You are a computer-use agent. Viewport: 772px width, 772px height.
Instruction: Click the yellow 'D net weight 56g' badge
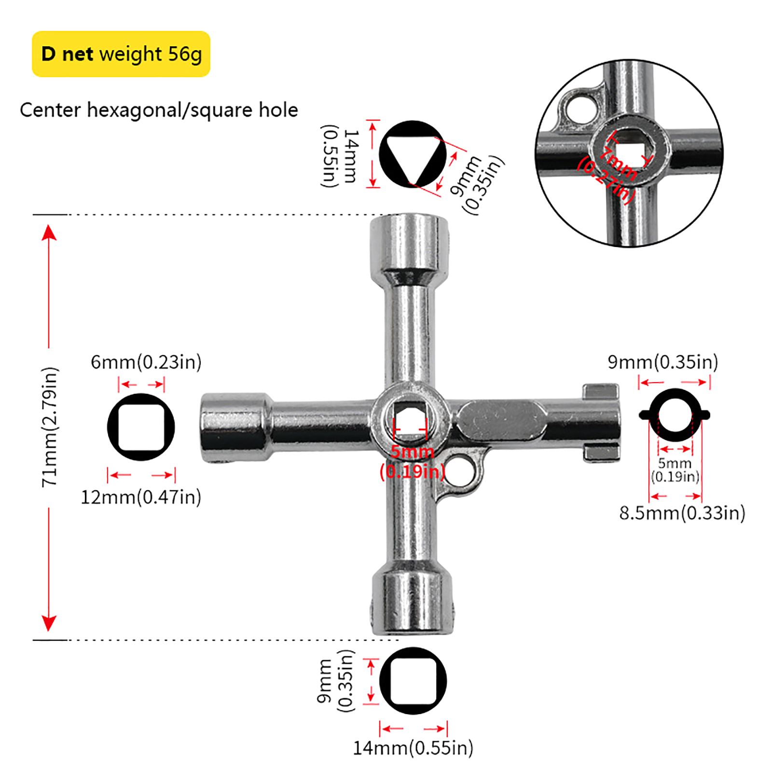121,54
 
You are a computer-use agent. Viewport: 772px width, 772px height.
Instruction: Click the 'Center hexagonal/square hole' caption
159,110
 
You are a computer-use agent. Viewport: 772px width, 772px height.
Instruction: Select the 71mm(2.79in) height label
50,427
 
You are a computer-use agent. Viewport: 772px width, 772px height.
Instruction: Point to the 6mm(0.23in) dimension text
146,362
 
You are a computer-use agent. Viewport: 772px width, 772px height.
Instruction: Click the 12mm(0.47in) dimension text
140,497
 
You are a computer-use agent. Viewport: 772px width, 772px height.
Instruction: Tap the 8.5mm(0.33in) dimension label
682,512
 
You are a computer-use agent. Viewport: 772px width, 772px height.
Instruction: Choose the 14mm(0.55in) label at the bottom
413,748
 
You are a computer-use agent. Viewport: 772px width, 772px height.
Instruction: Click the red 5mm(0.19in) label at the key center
412,462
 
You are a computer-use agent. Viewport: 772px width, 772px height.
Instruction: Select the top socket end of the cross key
409,246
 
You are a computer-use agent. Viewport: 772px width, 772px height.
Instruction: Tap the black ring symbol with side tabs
675,415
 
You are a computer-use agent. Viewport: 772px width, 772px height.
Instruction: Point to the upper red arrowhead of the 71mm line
49,233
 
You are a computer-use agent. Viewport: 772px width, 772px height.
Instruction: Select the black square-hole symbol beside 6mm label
141,427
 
